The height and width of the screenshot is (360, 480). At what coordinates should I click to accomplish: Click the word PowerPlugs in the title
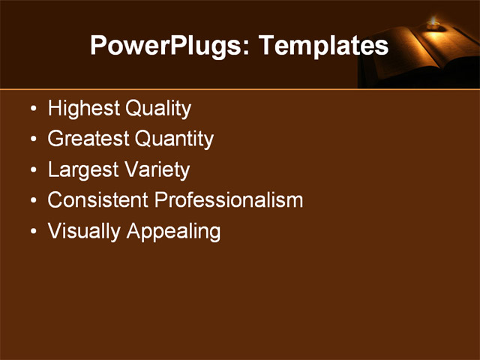coord(169,46)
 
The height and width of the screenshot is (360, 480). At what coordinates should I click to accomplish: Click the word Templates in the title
coord(323,46)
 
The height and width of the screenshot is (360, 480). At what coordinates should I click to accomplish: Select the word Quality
coord(157,109)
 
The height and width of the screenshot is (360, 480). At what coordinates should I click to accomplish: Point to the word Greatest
coord(88,139)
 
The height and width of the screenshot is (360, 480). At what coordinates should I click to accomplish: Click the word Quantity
coord(175,139)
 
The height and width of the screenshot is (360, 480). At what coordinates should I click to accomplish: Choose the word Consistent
coord(98,200)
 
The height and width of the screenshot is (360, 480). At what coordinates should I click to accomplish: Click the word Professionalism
coord(229,200)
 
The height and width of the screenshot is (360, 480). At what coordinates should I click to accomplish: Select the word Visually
coord(85,231)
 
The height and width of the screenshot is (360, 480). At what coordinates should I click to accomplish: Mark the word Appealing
coord(174,231)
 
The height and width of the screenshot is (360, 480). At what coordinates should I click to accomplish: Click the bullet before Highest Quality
coord(32,109)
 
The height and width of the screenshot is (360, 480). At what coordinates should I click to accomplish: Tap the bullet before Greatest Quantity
coord(32,140)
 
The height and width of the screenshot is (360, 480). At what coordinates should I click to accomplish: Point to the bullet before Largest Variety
coord(32,171)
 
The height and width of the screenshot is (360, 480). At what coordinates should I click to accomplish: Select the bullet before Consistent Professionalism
coord(32,201)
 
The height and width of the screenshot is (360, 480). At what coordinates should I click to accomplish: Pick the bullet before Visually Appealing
coord(32,232)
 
